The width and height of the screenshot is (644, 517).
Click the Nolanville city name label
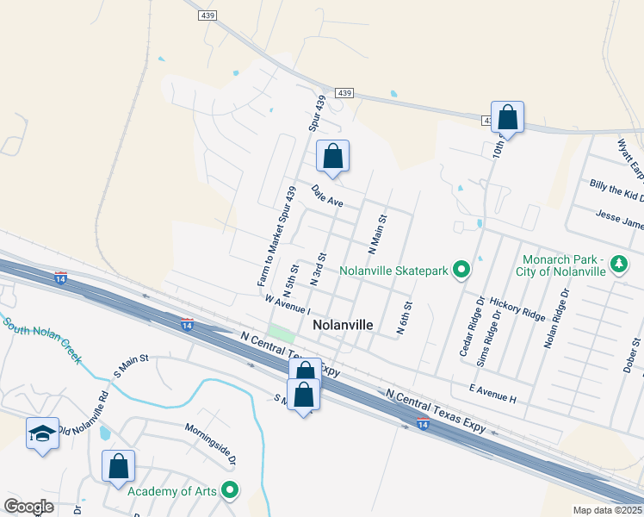click(343, 325)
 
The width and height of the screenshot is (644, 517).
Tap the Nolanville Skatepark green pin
click(461, 271)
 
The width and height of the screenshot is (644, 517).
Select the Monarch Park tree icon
click(618, 263)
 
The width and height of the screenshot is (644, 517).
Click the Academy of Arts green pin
click(229, 491)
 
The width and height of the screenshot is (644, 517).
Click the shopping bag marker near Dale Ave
click(333, 157)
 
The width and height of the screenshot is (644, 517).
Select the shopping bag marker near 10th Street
click(507, 118)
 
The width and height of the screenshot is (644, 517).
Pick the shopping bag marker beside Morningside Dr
click(119, 467)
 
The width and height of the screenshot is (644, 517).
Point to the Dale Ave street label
click(327, 196)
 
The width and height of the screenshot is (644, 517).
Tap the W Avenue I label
click(287, 304)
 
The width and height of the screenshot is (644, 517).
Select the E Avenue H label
click(493, 393)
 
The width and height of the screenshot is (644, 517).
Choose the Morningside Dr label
click(210, 439)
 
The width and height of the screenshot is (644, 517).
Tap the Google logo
click(28, 507)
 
